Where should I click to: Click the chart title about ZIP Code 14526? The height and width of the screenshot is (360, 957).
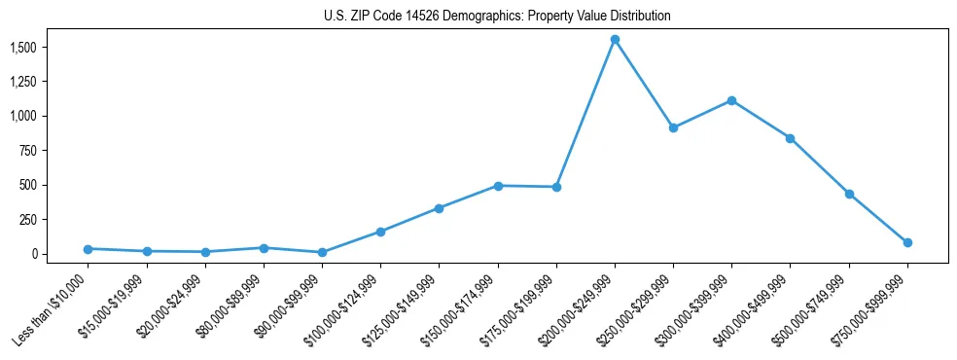(x=497, y=17)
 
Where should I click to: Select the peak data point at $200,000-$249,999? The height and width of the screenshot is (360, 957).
(x=615, y=40)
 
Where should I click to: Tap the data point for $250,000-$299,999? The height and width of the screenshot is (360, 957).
(x=673, y=127)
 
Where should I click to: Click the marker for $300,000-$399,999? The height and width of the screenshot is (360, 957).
(x=731, y=100)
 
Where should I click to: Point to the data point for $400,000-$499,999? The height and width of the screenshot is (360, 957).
(x=791, y=138)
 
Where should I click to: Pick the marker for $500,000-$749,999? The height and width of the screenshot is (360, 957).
(x=849, y=194)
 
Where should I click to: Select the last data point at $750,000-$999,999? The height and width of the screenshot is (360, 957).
(x=907, y=242)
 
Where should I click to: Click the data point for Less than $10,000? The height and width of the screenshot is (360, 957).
(x=88, y=249)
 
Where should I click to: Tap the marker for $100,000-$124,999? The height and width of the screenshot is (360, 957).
(x=380, y=232)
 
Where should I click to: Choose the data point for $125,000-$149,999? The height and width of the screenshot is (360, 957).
(x=439, y=208)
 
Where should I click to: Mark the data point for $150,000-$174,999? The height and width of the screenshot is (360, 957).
(x=498, y=186)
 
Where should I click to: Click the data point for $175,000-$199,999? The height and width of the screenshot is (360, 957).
(x=556, y=187)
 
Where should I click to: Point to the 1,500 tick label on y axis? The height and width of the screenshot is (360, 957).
(x=23, y=47)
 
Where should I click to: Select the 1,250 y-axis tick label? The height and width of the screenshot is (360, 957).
(x=23, y=82)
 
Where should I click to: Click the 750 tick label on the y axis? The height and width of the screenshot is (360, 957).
(x=28, y=151)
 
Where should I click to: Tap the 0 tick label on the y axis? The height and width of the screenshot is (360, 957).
(x=34, y=254)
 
